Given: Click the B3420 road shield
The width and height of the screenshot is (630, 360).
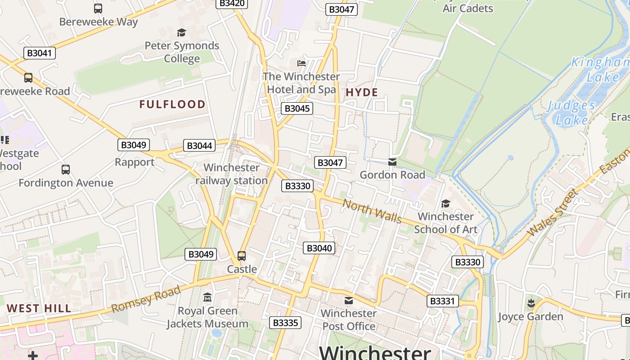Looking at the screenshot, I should point(232,4).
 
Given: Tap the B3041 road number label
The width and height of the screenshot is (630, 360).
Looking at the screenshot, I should point(39,53).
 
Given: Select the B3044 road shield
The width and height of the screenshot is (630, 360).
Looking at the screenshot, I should point(199,146).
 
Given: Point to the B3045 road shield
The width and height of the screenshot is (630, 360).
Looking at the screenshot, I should point(297,108).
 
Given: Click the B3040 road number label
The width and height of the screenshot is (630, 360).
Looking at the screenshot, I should point(319,248).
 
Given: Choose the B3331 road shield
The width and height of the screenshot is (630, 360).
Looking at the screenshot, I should point(442,301).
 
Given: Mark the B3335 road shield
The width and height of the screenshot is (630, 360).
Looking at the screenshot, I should point(285,323).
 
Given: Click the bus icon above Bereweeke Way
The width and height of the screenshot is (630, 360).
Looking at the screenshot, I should point(98,8).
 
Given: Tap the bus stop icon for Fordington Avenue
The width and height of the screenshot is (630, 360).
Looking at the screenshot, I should point(66,170).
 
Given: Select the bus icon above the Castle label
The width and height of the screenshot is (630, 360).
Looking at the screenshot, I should point(242,256).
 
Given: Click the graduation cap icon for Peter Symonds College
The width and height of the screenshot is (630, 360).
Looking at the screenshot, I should point(181,32).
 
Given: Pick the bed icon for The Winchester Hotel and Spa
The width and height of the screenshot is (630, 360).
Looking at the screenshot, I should point(301,63).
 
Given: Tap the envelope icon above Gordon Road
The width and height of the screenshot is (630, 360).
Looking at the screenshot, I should point(392,162).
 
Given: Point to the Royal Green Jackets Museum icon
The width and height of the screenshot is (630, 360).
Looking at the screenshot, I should point(207,297).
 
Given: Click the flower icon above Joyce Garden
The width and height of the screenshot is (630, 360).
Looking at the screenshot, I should point(531,303).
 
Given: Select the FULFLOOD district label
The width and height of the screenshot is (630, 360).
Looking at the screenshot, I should point(172,104).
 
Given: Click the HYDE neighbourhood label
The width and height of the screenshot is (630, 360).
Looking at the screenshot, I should point(361,93).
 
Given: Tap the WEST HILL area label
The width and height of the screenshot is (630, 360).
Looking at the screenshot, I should point(39,308).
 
